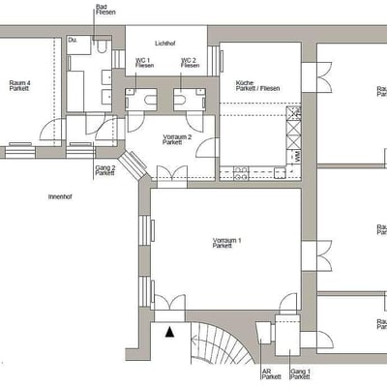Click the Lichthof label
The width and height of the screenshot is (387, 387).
click(x=164, y=44)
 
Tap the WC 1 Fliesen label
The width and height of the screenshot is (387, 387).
click(x=143, y=63)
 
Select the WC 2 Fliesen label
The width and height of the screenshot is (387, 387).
click(x=190, y=63)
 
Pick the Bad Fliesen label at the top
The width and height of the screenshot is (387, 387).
click(x=102, y=11)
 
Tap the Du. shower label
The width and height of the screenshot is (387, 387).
click(x=73, y=41)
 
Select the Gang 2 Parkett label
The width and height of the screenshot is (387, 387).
click(x=105, y=170)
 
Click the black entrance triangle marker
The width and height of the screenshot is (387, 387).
click(x=171, y=332)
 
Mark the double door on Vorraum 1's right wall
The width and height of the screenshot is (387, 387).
click(x=310, y=256)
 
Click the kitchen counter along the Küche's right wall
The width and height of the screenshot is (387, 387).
click(x=293, y=135)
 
